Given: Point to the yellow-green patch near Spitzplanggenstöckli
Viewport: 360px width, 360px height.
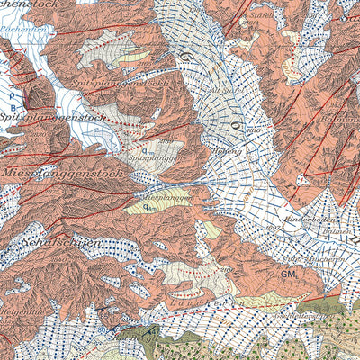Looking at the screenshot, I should [x=135, y=57].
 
